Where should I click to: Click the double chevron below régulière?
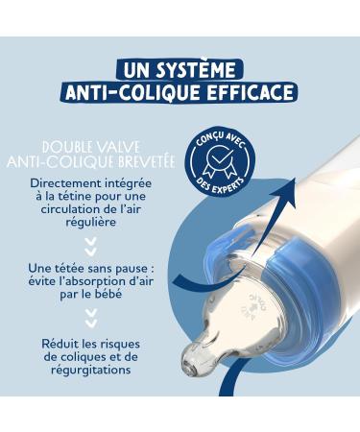(x=93, y=245)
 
